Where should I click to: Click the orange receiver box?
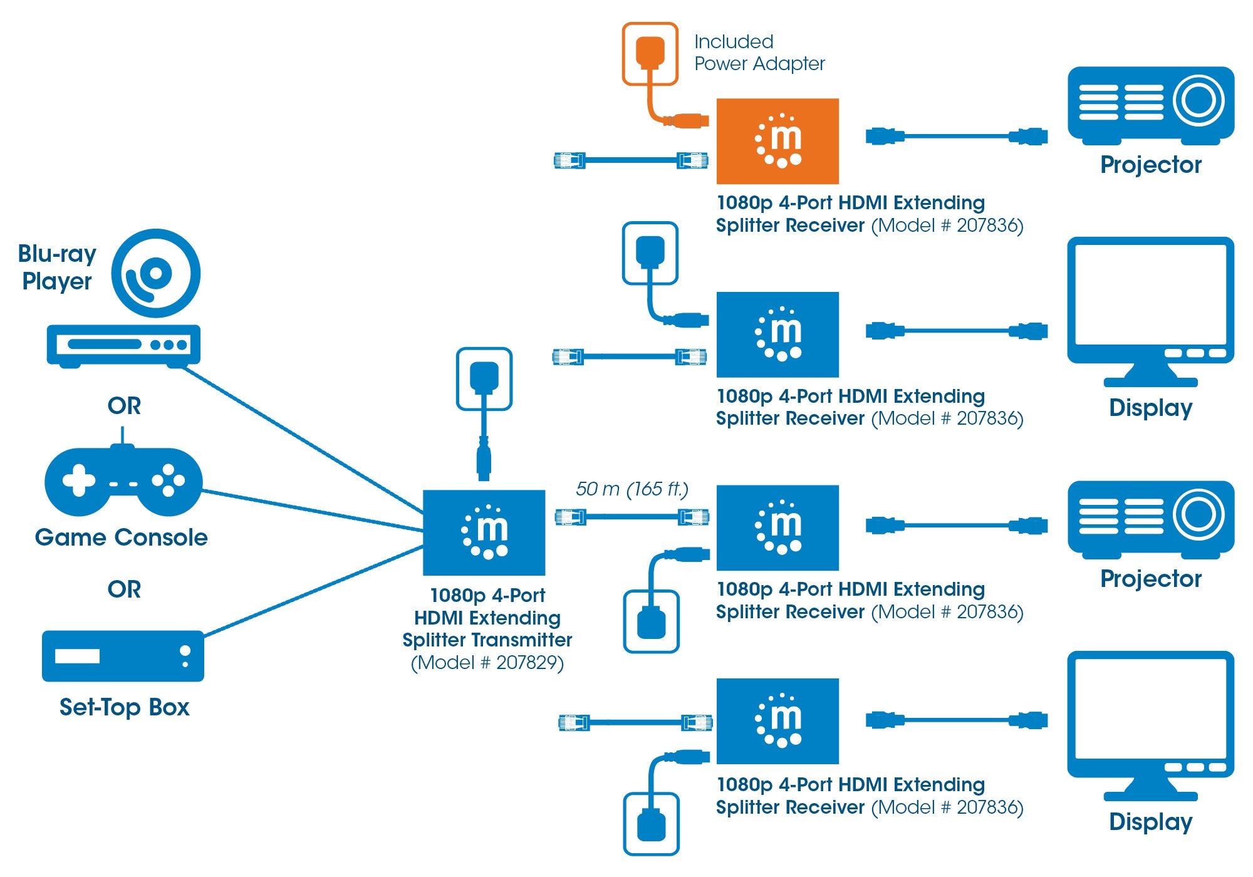[x=777, y=141]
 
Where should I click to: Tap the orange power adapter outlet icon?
[x=650, y=54]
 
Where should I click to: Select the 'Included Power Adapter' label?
[x=759, y=53]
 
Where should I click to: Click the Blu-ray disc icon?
[x=156, y=274]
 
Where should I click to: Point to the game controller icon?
[x=123, y=481]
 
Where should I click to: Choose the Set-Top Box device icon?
[x=123, y=656]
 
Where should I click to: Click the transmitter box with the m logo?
[x=484, y=532]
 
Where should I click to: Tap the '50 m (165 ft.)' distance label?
[x=632, y=489]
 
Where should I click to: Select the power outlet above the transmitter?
[x=484, y=379]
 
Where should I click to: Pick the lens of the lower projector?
[x=1198, y=515]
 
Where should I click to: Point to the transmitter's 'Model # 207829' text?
[x=487, y=663]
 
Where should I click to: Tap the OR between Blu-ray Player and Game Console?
[x=124, y=406]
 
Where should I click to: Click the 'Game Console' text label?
[x=122, y=537]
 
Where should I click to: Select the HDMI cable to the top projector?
[x=956, y=135]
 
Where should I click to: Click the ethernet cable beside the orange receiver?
[x=631, y=160]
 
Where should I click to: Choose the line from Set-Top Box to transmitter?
[x=313, y=592]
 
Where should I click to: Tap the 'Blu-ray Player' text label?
[x=57, y=267]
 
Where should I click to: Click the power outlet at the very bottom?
[x=651, y=824]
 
